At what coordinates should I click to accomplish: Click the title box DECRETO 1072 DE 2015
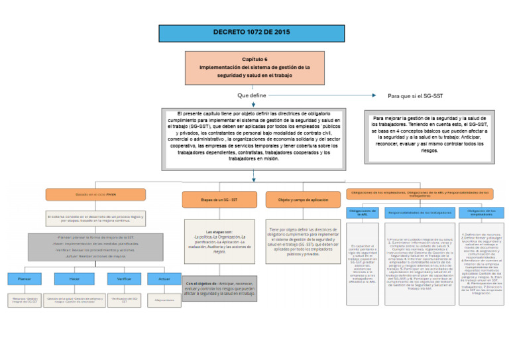coord(251,32)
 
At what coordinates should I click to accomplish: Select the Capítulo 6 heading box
coord(254,68)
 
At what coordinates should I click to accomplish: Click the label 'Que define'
coord(252,96)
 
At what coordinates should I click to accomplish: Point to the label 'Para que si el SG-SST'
coord(415,96)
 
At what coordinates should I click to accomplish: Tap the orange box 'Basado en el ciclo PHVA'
coord(95,194)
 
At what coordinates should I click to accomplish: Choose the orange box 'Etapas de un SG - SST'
coord(219,199)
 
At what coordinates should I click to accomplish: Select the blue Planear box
coord(24,280)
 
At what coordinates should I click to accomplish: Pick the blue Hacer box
coord(73,280)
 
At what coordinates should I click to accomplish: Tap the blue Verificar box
coord(124,280)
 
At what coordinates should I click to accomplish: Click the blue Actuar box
coord(164,280)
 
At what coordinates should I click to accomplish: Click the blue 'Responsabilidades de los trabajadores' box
coord(420,213)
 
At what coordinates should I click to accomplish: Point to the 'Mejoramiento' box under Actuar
coord(164,300)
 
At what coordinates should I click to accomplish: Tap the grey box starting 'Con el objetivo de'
coord(219,288)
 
